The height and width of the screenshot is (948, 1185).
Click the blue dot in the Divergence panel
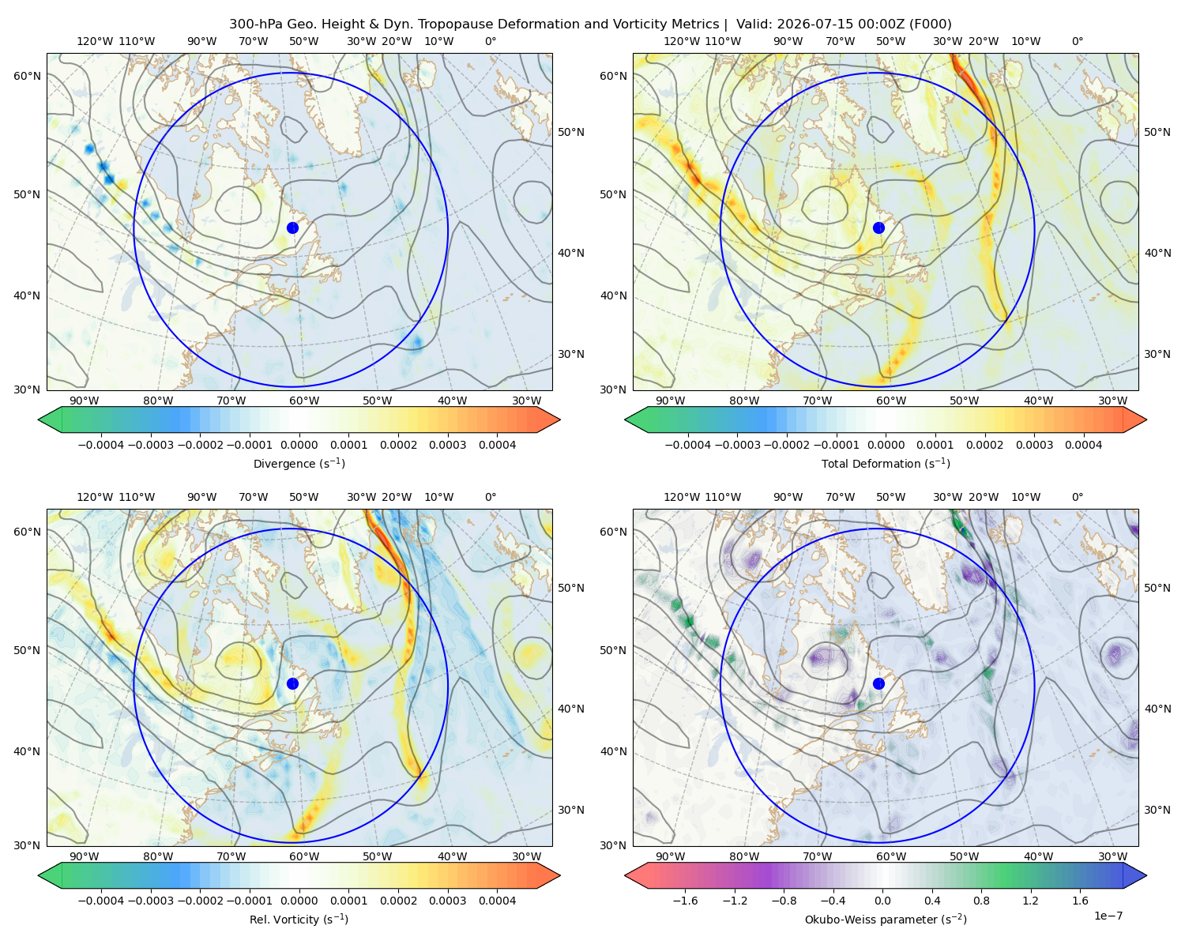click(x=292, y=228)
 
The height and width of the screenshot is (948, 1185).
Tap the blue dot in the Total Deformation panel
click(x=878, y=228)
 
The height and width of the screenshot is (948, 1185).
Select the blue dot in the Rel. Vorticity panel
click(x=292, y=683)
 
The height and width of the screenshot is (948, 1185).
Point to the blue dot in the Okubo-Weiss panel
click(x=878, y=683)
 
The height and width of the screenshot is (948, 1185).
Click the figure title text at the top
click(x=590, y=24)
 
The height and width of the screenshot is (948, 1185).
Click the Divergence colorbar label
click(x=299, y=464)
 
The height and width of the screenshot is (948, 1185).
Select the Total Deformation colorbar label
click(x=886, y=464)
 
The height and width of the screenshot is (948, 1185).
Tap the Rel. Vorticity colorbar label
click(x=299, y=920)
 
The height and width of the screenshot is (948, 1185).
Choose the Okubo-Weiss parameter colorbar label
click(x=886, y=920)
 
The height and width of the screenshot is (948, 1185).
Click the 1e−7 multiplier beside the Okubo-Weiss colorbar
click(x=1108, y=916)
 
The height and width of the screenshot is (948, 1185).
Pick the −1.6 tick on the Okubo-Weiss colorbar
click(x=685, y=901)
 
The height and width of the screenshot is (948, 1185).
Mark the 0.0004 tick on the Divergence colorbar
click(x=497, y=445)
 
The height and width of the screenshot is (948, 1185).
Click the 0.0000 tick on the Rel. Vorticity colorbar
click(x=299, y=901)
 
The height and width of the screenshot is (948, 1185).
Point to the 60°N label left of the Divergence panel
click(x=27, y=76)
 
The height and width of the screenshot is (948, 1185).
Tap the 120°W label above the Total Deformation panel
click(x=681, y=41)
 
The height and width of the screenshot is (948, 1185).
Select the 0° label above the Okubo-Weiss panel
click(x=1077, y=497)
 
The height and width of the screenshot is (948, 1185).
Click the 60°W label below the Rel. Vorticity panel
click(x=304, y=856)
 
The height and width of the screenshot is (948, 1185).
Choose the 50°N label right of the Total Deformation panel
click(x=1157, y=132)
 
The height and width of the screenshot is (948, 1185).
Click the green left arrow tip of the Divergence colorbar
click(x=39, y=419)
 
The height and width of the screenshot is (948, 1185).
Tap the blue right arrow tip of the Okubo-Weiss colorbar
click(x=1146, y=875)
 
